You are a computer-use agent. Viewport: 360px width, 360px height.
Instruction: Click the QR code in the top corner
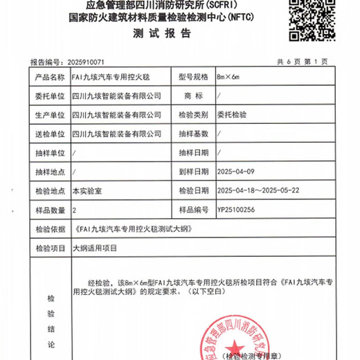point(310,21)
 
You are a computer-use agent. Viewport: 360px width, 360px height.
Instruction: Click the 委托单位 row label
point(48,96)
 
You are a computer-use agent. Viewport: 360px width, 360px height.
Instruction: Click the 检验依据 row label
point(48,228)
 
